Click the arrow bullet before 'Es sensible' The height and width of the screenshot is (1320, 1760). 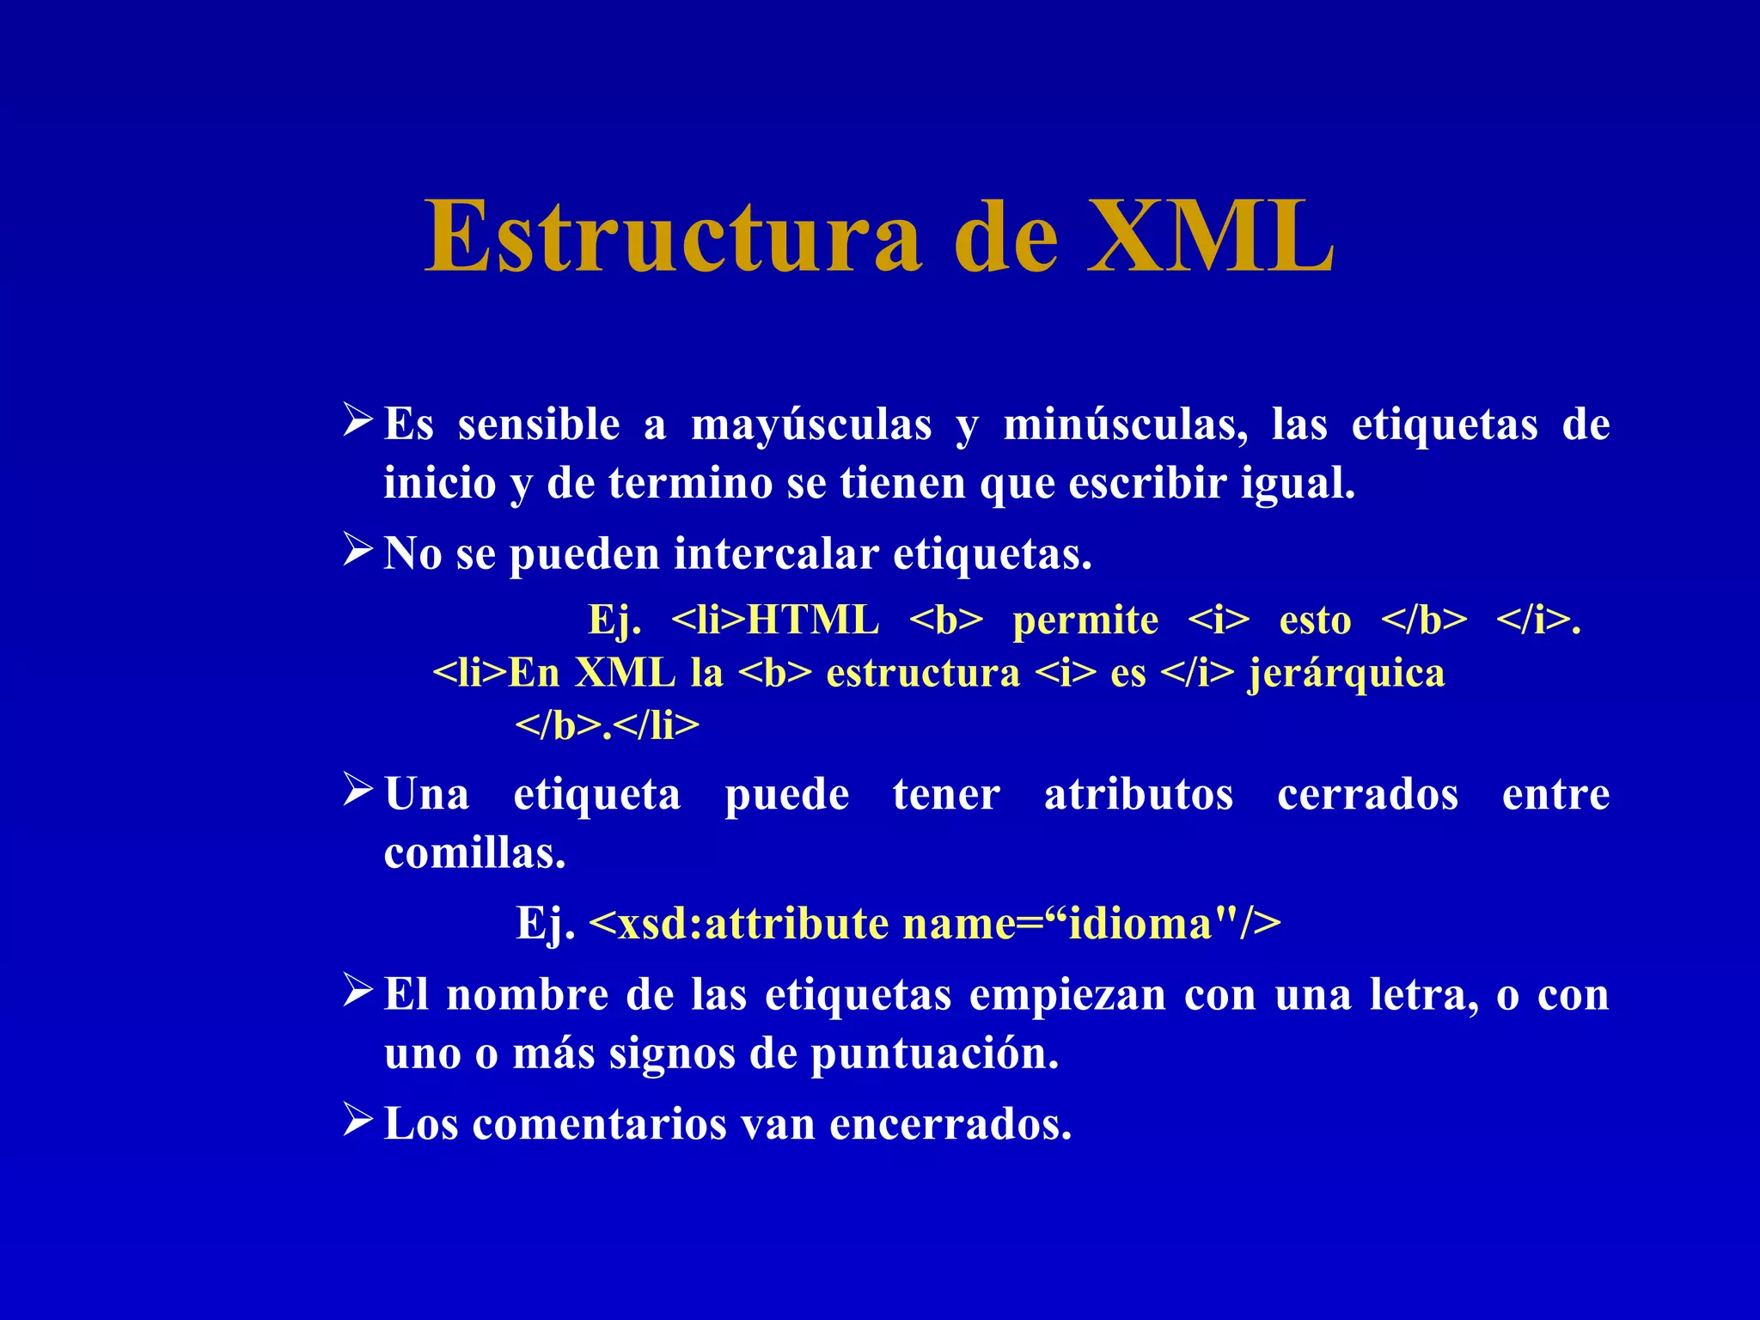357,420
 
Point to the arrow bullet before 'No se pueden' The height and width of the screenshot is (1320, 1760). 357,549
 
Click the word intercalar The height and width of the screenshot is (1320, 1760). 776,553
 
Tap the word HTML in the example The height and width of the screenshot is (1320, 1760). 813,620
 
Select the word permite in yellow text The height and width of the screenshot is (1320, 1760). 1085,620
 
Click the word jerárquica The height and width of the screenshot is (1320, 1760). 1346,673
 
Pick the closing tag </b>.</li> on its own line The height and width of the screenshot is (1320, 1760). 607,726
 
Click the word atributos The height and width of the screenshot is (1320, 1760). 1139,794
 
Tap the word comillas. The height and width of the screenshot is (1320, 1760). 474,853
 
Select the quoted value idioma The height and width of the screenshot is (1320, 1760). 1139,924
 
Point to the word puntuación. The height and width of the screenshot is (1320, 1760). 934,1054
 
